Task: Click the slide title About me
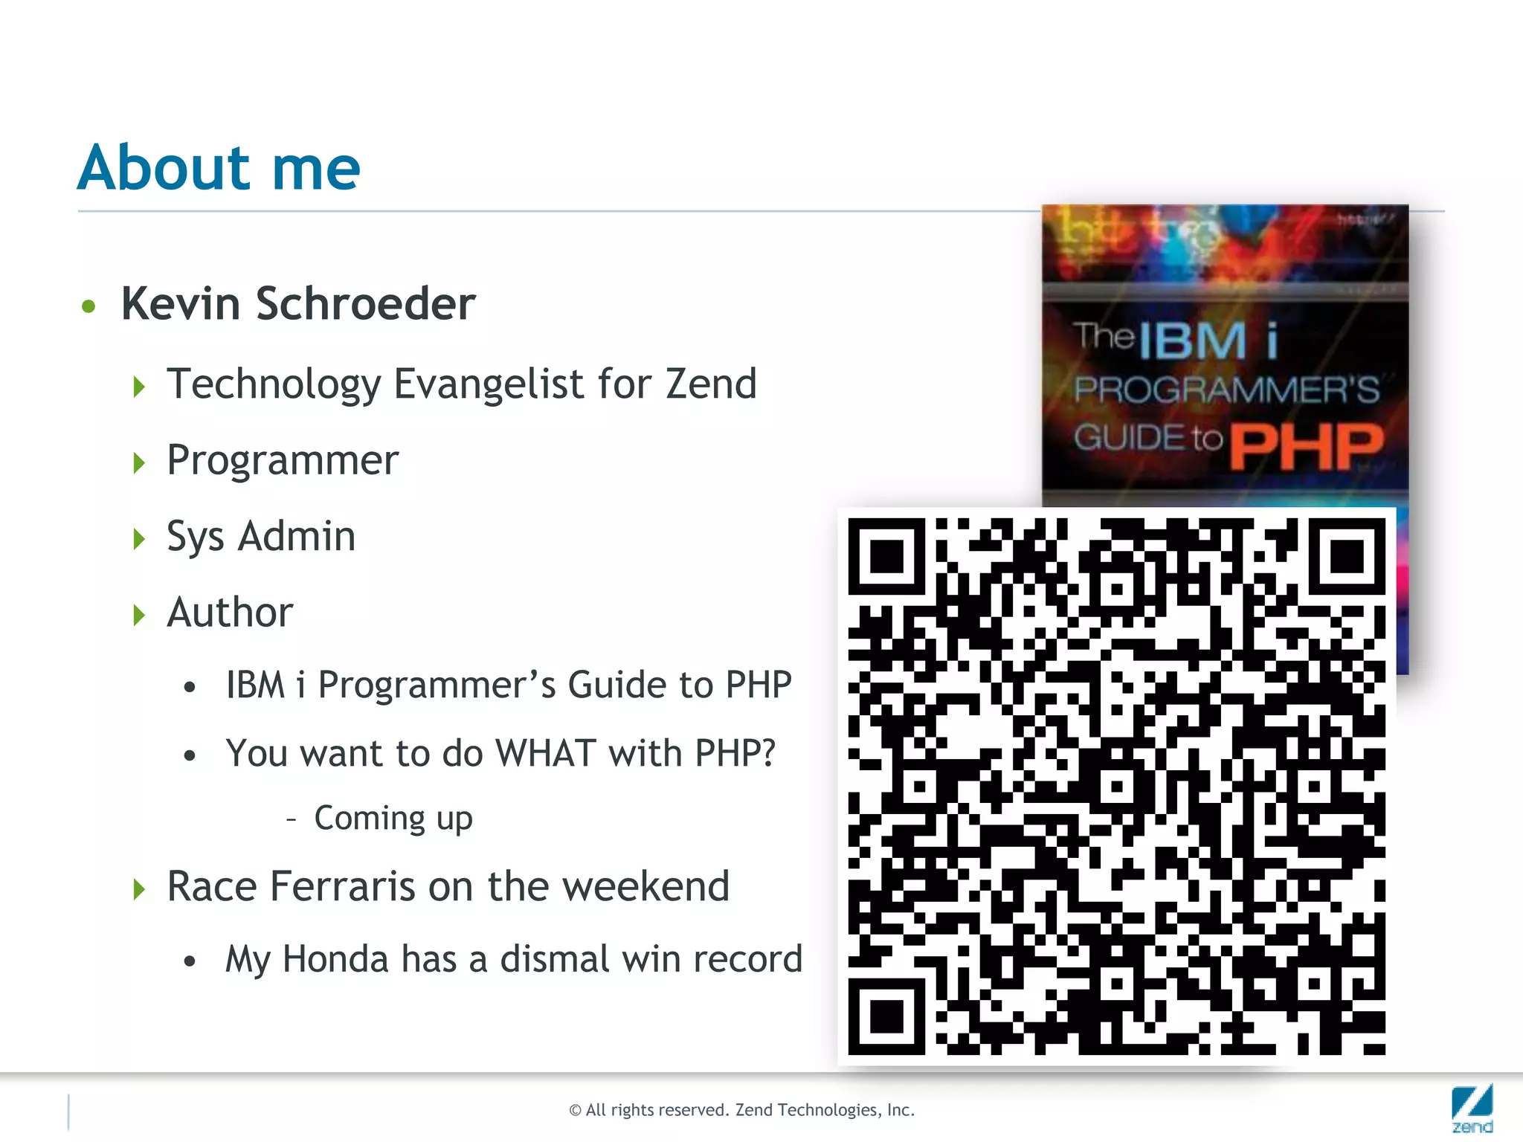[219, 168]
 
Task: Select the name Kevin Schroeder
[298, 304]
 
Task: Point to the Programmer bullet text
[283, 460]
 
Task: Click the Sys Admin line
[261, 537]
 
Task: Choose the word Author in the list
[230, 613]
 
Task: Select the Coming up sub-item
[393, 819]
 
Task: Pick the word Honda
[335, 959]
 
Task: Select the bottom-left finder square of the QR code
[886, 1016]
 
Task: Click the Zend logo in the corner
[1472, 1109]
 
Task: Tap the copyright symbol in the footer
[575, 1111]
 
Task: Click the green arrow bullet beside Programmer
[139, 462]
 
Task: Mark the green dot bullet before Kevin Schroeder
[89, 306]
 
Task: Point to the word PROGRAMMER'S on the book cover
[1226, 390]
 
